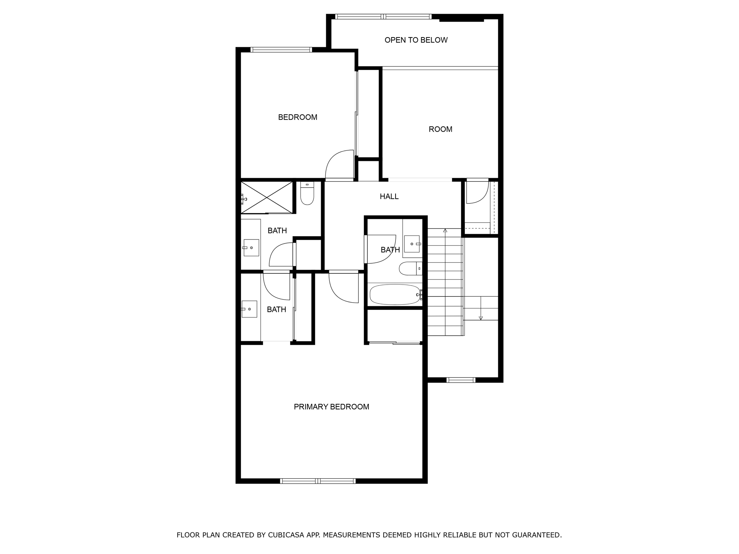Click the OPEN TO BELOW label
click(x=416, y=40)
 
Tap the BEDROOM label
click(x=297, y=117)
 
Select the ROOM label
click(x=440, y=129)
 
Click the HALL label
click(x=389, y=197)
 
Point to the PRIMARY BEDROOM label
click(x=331, y=407)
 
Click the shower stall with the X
click(x=267, y=197)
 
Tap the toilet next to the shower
click(x=307, y=194)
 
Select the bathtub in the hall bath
click(x=395, y=294)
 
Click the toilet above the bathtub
click(x=410, y=268)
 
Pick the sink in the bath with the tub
click(x=412, y=244)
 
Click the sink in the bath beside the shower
click(x=251, y=248)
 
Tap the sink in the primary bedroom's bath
click(x=249, y=309)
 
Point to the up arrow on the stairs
click(x=445, y=231)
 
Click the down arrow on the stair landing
click(x=481, y=317)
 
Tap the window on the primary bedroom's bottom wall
click(x=318, y=481)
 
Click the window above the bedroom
click(x=281, y=50)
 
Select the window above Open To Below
click(x=383, y=17)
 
